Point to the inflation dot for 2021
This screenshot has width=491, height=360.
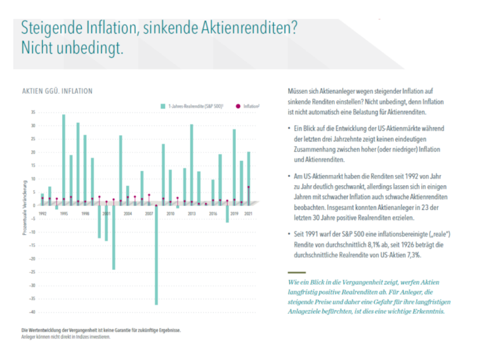[x=249, y=187]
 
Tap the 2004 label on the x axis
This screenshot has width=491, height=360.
[x=128, y=214]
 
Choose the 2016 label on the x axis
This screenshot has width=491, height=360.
[x=213, y=214]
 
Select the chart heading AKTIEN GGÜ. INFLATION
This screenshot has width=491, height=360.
[x=57, y=91]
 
